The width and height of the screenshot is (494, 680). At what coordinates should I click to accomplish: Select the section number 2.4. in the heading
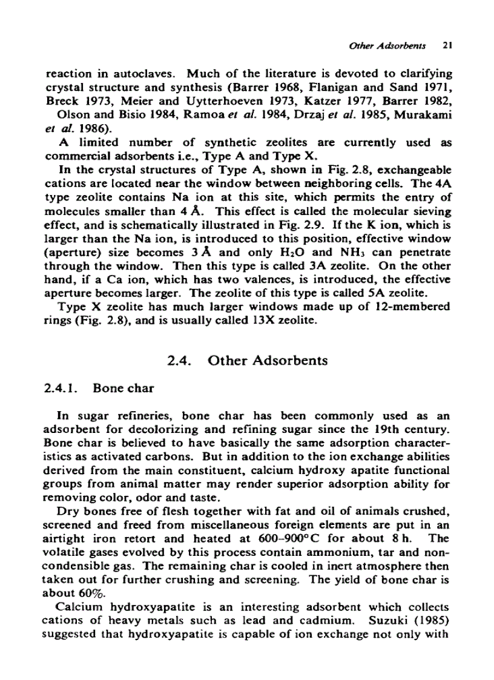(179, 360)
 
